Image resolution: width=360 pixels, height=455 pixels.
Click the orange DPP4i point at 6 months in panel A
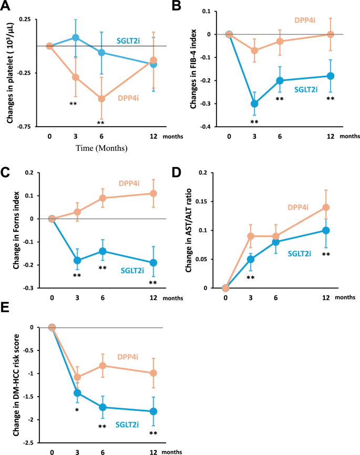pyautogui.click(x=101, y=99)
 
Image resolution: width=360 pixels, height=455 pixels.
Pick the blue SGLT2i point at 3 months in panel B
pyautogui.click(x=255, y=104)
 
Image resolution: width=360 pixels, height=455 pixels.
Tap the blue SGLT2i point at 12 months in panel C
pyautogui.click(x=153, y=262)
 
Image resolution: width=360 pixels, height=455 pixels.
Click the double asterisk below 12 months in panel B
pyautogui.click(x=330, y=98)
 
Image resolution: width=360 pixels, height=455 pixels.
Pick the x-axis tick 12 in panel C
pyautogui.click(x=153, y=298)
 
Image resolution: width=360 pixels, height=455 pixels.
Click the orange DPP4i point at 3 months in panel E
pyautogui.click(x=78, y=377)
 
